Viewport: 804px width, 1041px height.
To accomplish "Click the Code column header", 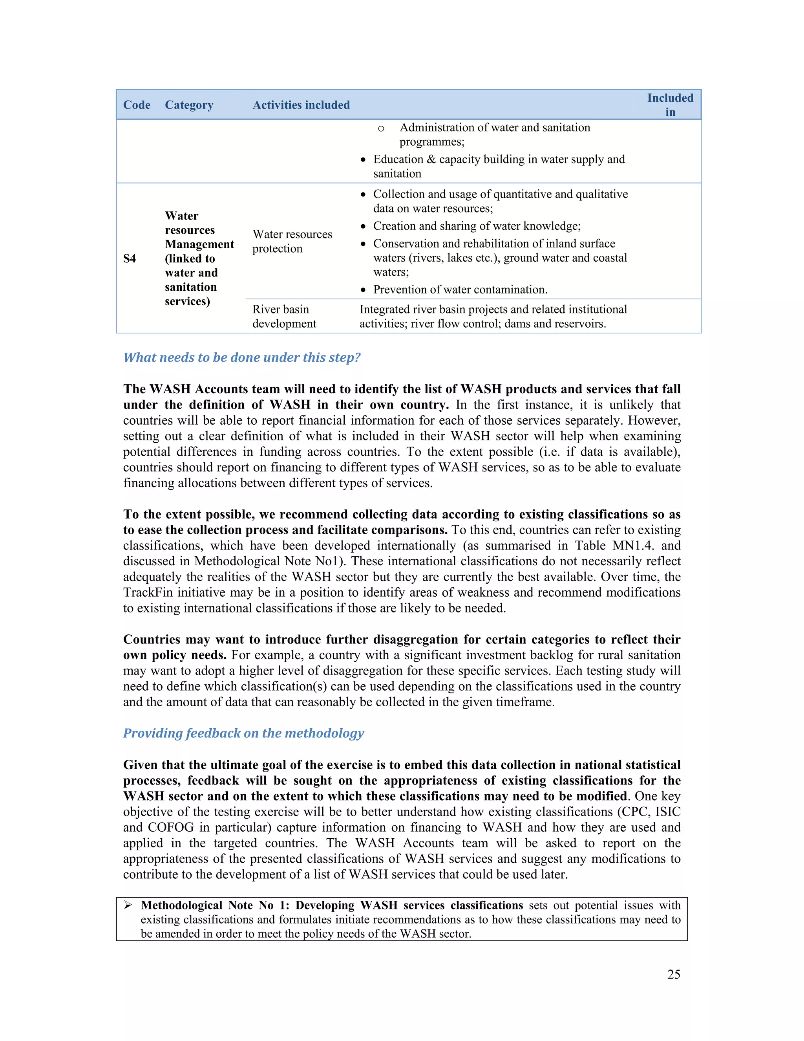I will (137, 105).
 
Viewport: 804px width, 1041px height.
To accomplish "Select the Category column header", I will (188, 105).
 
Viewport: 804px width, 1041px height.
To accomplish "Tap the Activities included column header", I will (301, 105).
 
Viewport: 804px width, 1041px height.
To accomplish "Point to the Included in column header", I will (670, 105).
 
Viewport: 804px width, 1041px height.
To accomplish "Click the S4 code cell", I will (130, 258).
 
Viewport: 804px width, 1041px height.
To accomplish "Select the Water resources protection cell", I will (292, 241).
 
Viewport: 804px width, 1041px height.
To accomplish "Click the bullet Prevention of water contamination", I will (460, 290).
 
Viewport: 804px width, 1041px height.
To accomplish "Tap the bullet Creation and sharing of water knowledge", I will (476, 226).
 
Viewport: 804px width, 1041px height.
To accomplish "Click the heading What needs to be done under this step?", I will (241, 357).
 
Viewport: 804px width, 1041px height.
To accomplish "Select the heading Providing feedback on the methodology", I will (243, 733).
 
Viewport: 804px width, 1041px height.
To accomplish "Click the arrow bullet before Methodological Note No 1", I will (128, 905).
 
